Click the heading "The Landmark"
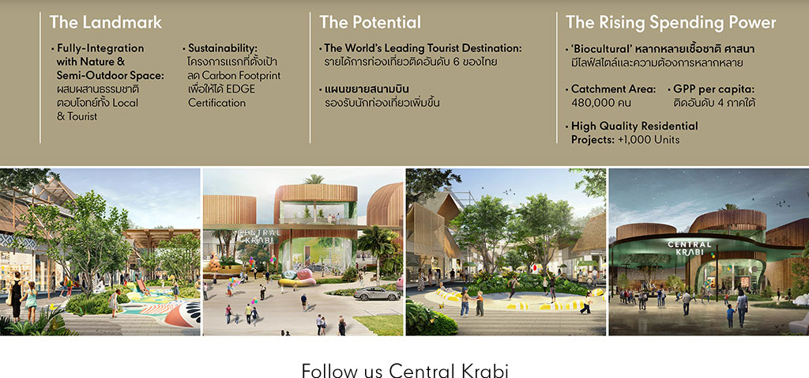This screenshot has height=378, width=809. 106,22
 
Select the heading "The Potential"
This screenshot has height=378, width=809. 370,22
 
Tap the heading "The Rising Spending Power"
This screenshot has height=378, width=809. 671,23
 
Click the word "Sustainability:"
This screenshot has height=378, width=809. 222,48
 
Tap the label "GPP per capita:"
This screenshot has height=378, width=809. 714,89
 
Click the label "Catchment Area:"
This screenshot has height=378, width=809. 613,89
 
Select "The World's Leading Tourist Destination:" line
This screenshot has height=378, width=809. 423,48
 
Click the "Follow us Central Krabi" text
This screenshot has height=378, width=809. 405,370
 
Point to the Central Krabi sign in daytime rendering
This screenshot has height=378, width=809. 258,236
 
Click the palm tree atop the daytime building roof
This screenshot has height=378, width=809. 314,180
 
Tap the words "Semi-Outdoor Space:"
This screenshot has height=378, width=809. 111,75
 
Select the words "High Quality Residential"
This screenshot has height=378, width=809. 634,126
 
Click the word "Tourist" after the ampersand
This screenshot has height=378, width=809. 82,116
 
